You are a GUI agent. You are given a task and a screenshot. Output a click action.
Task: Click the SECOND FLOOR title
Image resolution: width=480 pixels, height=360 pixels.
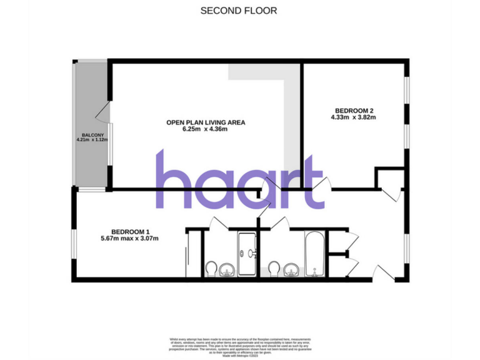click(238, 11)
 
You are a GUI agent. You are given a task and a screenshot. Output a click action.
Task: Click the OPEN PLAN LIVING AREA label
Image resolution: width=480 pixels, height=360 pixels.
click(205, 122)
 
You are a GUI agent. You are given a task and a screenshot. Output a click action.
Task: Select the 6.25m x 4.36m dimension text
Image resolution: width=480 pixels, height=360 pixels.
click(205, 129)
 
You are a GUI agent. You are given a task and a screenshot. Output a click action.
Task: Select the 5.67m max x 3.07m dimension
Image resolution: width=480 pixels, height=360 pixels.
click(130, 238)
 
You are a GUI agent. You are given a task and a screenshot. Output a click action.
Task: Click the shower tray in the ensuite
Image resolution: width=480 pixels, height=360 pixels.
click(247, 253)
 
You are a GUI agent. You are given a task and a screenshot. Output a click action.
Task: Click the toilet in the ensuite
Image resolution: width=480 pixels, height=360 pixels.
click(212, 269)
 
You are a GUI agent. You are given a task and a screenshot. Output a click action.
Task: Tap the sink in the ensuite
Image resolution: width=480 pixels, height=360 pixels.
click(227, 270)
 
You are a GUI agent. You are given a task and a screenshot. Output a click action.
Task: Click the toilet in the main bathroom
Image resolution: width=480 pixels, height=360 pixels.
click(274, 269)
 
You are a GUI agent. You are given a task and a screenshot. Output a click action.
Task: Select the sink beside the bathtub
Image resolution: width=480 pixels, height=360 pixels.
click(289, 270)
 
